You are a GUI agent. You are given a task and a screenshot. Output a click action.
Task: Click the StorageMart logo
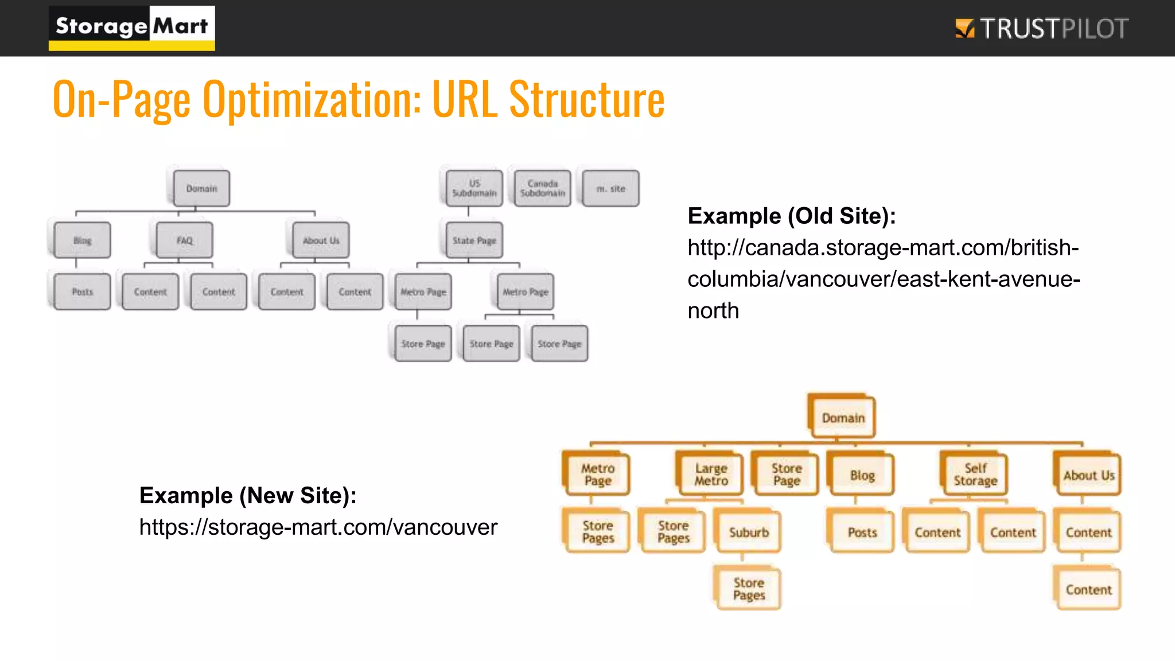coord(131,28)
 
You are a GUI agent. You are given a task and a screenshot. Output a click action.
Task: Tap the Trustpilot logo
coord(1041,29)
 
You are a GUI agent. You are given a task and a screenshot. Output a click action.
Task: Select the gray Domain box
coord(201,189)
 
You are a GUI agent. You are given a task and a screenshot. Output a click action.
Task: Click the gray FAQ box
coord(184,240)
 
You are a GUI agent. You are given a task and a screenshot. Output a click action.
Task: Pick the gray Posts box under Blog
coord(82,292)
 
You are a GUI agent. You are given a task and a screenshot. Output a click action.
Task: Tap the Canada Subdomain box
coord(542,189)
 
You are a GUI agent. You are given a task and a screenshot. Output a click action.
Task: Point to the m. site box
coord(610,189)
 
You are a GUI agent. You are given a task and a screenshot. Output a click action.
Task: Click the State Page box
coord(474,240)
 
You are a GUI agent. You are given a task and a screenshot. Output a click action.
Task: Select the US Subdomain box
coord(474,189)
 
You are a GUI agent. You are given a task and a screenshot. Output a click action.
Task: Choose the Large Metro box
coord(711,475)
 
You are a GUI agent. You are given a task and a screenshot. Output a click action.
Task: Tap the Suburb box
coord(749,532)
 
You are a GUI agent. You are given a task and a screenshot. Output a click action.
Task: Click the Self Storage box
coord(975,475)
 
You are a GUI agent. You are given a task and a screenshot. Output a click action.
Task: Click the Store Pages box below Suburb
coord(749,589)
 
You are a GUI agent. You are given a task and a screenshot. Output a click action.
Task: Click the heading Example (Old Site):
coord(791,216)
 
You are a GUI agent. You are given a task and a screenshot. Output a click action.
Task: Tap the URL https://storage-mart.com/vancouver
coord(318,527)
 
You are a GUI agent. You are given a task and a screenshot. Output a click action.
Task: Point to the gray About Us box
coord(321,240)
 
